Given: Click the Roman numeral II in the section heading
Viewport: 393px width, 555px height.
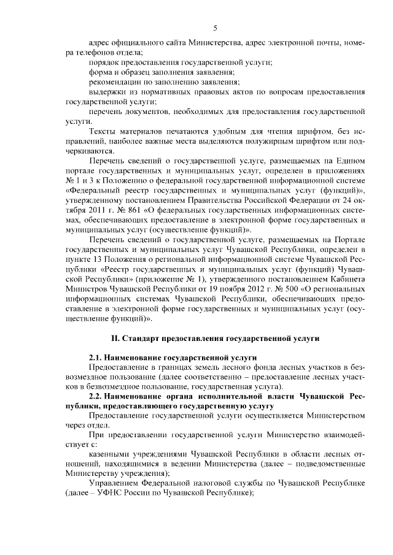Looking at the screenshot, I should (x=114, y=339).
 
